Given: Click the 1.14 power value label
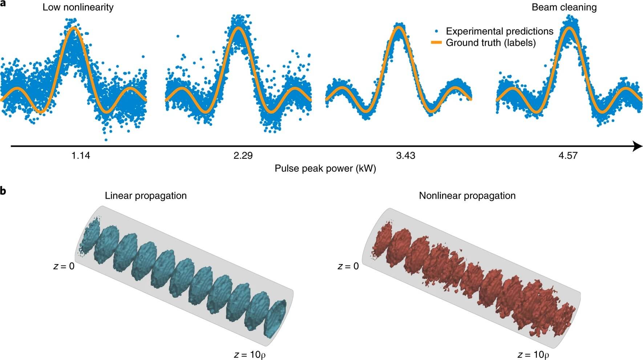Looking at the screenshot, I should (81, 156).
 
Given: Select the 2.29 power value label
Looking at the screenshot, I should (243, 156).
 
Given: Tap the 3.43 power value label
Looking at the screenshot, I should (405, 156).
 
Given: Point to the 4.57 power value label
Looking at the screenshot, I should (568, 156).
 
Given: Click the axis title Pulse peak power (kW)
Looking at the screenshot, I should (325, 169).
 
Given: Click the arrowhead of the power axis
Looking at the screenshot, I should (637, 146).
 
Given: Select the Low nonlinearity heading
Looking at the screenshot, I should (78, 7).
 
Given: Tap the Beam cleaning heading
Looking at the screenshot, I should (564, 7).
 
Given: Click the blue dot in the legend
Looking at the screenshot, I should (436, 31).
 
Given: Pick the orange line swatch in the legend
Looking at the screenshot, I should (436, 43).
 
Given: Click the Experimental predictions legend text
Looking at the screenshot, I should (500, 31).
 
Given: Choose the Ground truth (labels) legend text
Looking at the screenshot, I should (491, 43).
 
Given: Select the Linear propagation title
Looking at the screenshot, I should (146, 196).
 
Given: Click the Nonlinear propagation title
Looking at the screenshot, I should (467, 196).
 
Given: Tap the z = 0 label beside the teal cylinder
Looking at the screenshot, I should (64, 266).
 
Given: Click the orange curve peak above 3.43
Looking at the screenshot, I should (399, 27).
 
